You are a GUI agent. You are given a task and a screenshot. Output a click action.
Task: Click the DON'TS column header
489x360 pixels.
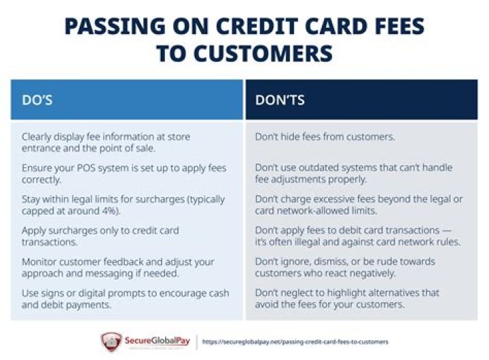[x=280, y=100]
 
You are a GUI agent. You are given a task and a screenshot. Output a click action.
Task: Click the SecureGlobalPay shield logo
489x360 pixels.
[x=111, y=341]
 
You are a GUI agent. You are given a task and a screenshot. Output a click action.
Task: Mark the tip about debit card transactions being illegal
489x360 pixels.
[x=357, y=236]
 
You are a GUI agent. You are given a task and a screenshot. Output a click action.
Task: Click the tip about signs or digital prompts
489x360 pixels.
[x=125, y=298]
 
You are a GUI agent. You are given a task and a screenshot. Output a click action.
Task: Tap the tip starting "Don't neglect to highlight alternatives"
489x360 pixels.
[x=347, y=298]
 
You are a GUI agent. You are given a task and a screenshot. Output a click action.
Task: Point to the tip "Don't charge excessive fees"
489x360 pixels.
[x=359, y=204]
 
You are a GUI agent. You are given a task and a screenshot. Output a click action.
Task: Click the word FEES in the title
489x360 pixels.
[x=388, y=27]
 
